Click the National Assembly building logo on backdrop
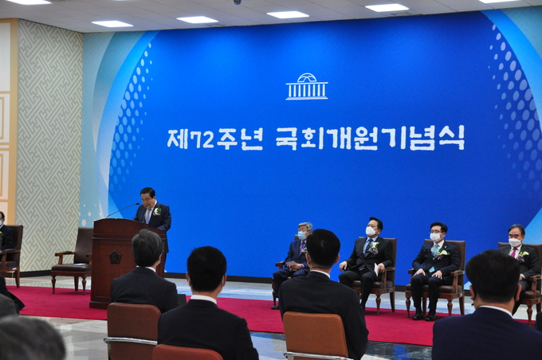coord(307,86)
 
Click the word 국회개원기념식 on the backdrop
coord(370,138)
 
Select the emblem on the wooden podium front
coord(115,256)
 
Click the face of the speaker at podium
coord(148,199)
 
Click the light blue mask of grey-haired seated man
coord(302,235)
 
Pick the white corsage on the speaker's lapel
coord(157,210)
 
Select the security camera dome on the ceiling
coord(238,2)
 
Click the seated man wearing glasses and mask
coord(435,271)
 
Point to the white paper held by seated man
coord(375,269)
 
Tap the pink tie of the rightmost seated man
coord(514,252)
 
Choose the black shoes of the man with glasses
coord(424,316)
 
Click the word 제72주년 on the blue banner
coord(215,139)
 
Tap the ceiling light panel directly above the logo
coord(288,14)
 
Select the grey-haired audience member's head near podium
coord(147,248)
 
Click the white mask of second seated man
coord(371,231)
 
